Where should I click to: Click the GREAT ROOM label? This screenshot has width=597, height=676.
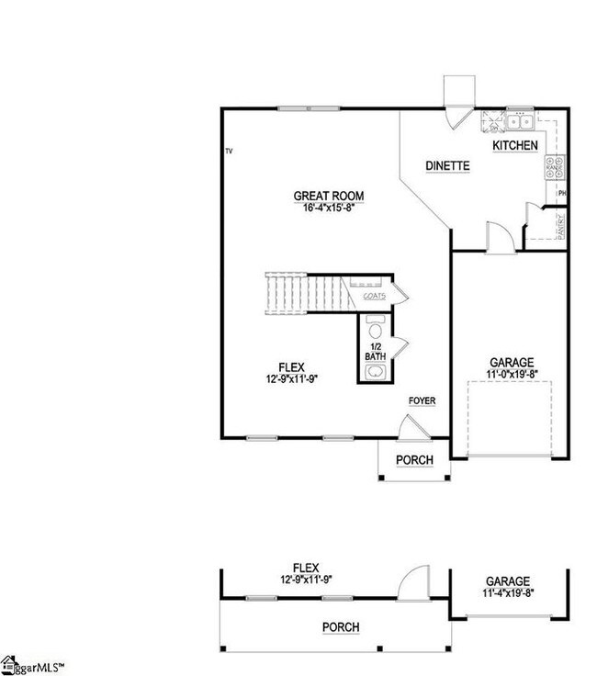[x=328, y=196]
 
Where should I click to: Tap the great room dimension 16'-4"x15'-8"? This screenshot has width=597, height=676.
[x=328, y=208]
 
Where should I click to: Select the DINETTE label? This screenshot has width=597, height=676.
[x=447, y=166]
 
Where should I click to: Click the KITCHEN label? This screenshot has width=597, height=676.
[x=515, y=146]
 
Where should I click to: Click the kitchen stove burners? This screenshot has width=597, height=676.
[x=556, y=166]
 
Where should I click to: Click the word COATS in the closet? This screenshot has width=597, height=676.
[x=374, y=296]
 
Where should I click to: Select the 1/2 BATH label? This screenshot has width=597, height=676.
[x=375, y=351]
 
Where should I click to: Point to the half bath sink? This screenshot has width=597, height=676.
[x=376, y=372]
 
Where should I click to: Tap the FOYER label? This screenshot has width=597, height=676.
[x=422, y=401]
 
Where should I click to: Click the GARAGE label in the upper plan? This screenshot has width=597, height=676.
[x=511, y=363]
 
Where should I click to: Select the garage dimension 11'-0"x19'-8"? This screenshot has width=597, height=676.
[x=511, y=375]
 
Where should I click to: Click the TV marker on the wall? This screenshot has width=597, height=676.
[x=230, y=151]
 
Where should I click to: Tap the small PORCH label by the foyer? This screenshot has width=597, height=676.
[x=413, y=460]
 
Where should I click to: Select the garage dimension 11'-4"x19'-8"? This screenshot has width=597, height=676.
[x=507, y=593]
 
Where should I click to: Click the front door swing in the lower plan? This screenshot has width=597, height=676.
[x=412, y=581]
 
